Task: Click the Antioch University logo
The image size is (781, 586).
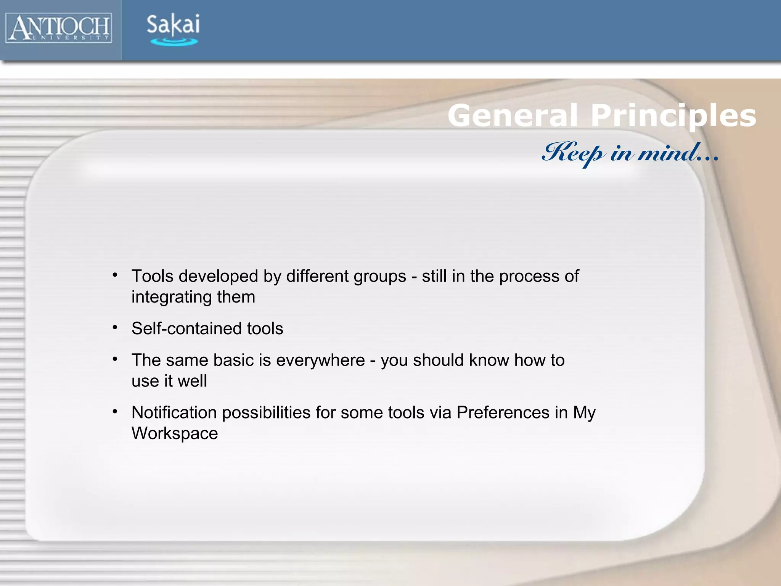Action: [x=59, y=27]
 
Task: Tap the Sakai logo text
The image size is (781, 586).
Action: [x=173, y=24]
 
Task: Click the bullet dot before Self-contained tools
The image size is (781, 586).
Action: [x=115, y=327]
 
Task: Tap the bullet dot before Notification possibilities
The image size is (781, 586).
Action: [x=115, y=411]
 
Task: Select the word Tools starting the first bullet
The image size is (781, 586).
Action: [x=153, y=276]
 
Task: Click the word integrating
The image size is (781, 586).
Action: [x=172, y=297]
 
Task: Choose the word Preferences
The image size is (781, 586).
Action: [x=503, y=412]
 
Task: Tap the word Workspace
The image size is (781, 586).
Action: [x=175, y=433]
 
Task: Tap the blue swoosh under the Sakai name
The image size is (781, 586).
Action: [x=174, y=42]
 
